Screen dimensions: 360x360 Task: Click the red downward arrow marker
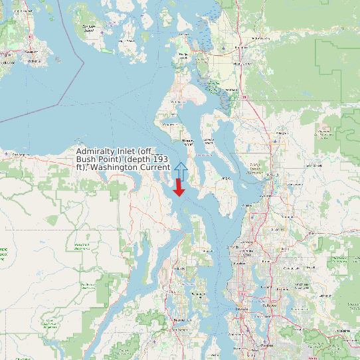(x=179, y=188)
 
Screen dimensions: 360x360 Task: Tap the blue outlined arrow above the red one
(x=181, y=170)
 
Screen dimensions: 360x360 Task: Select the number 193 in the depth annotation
(x=159, y=159)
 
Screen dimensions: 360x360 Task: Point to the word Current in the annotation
(x=154, y=167)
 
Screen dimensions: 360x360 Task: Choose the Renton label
(x=268, y=346)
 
